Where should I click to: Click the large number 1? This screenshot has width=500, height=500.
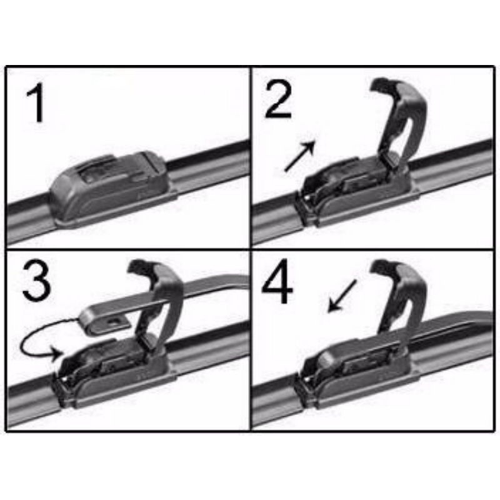click(x=36, y=102)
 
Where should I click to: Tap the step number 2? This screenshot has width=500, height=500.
click(x=277, y=99)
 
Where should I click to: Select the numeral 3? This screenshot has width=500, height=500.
click(x=37, y=282)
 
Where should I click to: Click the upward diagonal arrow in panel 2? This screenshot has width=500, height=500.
click(x=300, y=156)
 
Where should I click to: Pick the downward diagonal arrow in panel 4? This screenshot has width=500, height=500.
click(x=342, y=296)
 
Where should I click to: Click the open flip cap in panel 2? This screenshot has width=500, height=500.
click(x=400, y=122)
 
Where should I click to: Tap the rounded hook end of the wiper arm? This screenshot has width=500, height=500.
click(x=104, y=321)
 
